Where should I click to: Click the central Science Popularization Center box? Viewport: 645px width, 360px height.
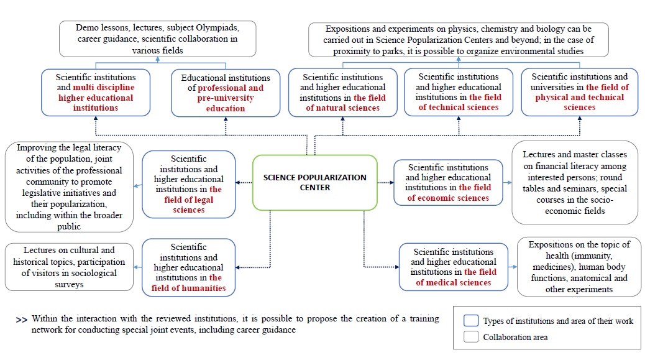314,182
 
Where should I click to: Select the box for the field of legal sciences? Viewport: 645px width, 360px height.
189,185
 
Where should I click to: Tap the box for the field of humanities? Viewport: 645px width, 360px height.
189,267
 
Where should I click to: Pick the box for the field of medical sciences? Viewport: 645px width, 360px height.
454,267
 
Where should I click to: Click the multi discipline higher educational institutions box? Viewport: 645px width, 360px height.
96,92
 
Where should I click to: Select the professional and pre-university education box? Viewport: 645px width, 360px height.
226,93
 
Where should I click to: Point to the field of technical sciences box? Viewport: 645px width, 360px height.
459,92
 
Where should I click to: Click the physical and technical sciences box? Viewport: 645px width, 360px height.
580,92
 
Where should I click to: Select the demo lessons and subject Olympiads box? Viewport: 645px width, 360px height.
157,39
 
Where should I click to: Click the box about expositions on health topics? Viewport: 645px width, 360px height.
579,267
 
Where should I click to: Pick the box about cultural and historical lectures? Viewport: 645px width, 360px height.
69,267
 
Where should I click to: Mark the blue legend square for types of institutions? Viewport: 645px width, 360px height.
471,321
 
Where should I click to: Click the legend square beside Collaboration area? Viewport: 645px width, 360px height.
471,338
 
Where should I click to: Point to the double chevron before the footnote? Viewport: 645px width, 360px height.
22,320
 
